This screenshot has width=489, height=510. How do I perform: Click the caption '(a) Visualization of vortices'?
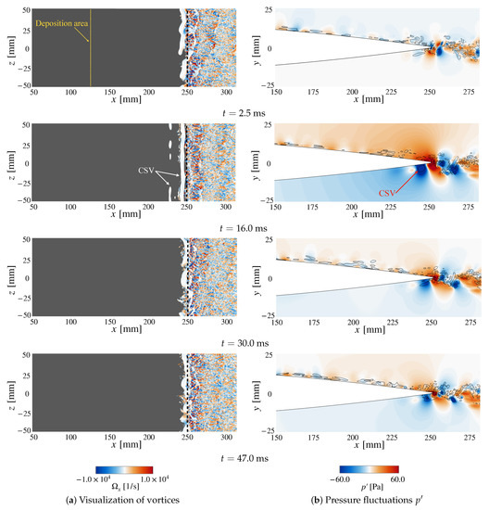tap(121, 503)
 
